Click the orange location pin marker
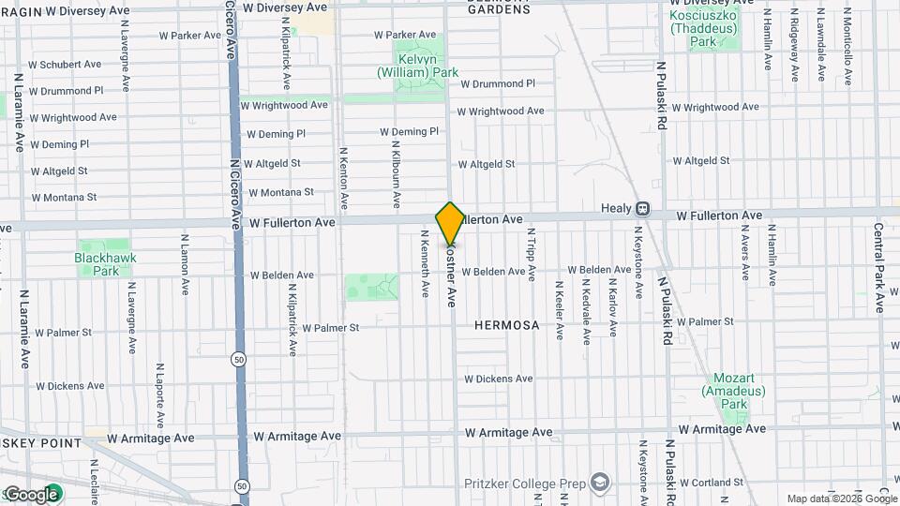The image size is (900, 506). (x=450, y=224)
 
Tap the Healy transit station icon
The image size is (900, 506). (x=643, y=209)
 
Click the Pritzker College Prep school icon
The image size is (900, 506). (x=600, y=484)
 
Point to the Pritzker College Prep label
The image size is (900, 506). (x=525, y=484)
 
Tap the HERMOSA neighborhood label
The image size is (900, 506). (x=506, y=325)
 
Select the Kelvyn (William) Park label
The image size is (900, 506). (x=417, y=66)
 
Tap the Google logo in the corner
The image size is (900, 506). (x=31, y=495)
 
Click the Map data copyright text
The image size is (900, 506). (x=841, y=499)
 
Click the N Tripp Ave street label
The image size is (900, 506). (x=531, y=254)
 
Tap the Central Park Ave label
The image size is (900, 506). (x=879, y=267)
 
